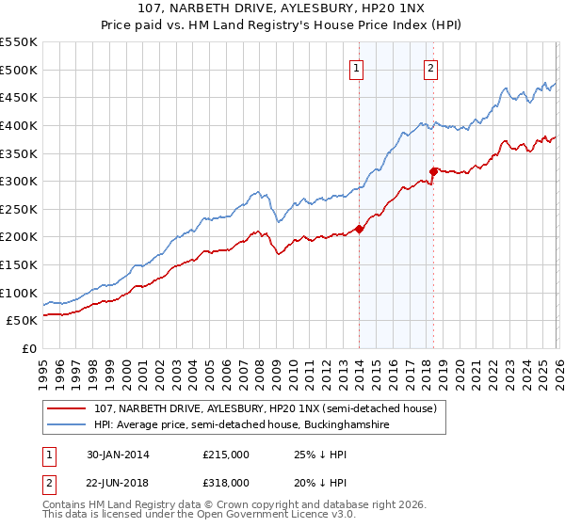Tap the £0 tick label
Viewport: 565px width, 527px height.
29,348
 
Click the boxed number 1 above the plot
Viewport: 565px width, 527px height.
359,68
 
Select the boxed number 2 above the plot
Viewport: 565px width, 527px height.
431,68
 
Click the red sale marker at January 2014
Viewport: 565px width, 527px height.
359,229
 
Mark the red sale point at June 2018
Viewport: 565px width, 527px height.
433,171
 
